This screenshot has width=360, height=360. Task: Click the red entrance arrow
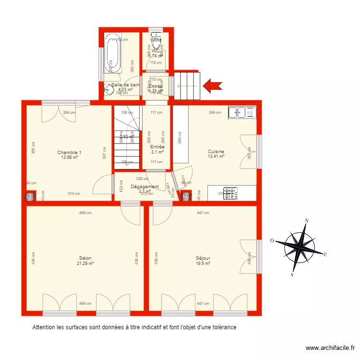pos(213,86)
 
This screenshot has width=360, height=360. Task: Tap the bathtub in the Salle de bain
pos(112,53)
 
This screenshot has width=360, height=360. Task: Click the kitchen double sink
pos(242,113)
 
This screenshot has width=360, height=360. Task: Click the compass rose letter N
pos(307,221)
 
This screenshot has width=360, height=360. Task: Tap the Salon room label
pos(85,258)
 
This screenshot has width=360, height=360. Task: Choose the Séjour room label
pos(203,258)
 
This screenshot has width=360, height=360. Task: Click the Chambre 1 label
pos(69,153)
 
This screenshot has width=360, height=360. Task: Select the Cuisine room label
pos(216,152)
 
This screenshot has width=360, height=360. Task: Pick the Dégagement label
pos(144,187)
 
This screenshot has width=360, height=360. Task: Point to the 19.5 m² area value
pos(203,263)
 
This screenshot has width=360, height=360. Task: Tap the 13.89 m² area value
pos(69,157)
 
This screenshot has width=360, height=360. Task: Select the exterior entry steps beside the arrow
pos(186,85)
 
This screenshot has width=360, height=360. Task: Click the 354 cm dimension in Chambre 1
pos(69,112)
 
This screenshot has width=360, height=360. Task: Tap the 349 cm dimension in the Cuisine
pos(215,113)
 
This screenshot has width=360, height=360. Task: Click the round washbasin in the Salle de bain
pos(109,89)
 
